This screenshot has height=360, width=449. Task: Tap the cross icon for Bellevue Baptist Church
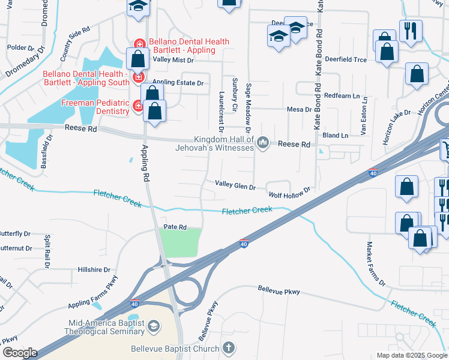point(228,347)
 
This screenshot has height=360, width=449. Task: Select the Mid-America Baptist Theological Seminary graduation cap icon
point(154,326)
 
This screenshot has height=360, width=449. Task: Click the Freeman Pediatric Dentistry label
point(95,107)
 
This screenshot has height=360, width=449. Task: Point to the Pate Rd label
point(175,227)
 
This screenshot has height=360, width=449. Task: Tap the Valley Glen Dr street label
point(235,187)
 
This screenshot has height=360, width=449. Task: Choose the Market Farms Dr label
point(375,264)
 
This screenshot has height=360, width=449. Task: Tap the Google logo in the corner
point(20,353)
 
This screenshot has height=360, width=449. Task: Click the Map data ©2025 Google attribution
point(411,355)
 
